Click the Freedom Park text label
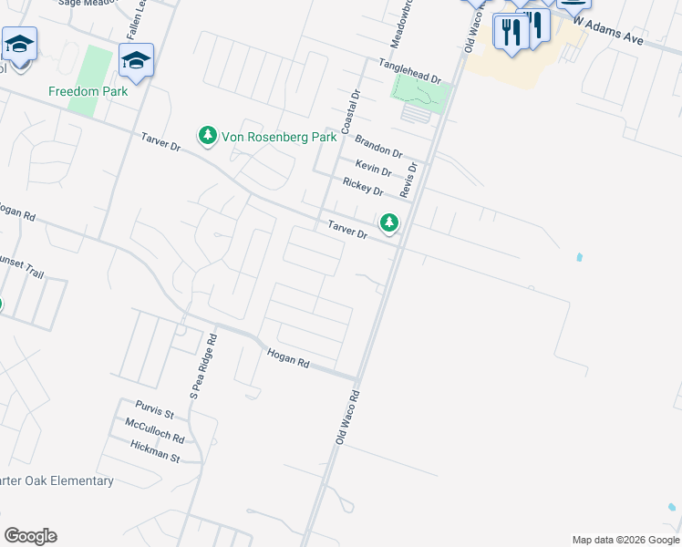click(88, 91)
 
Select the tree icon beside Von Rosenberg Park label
click(208, 135)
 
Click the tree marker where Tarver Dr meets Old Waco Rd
click(389, 222)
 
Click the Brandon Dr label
click(378, 145)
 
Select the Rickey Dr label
click(363, 187)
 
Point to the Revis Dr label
click(410, 181)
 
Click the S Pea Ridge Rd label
click(202, 366)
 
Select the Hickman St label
click(155, 451)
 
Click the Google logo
click(30, 535)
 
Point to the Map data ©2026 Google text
click(625, 540)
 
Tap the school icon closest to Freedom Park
click(136, 62)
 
